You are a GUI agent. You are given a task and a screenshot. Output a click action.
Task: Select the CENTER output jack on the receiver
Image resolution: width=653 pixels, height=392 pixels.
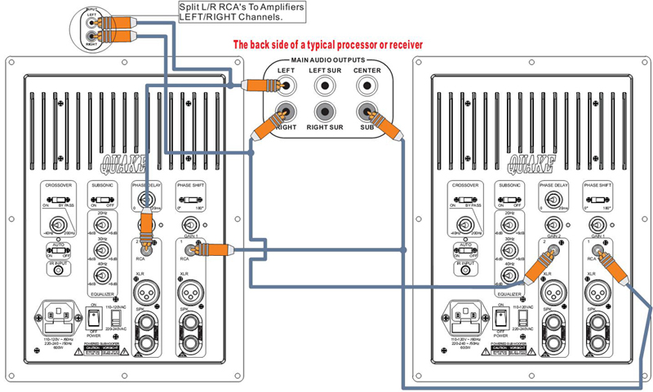366,85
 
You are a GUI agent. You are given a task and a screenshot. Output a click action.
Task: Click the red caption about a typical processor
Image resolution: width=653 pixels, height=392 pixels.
327,45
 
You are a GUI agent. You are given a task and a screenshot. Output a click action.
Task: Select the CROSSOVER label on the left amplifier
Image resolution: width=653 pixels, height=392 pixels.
59,184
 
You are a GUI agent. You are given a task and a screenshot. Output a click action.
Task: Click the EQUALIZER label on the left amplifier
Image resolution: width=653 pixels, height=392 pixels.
102,292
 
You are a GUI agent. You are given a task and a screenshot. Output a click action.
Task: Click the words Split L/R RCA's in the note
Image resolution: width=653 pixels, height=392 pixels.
210,7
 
